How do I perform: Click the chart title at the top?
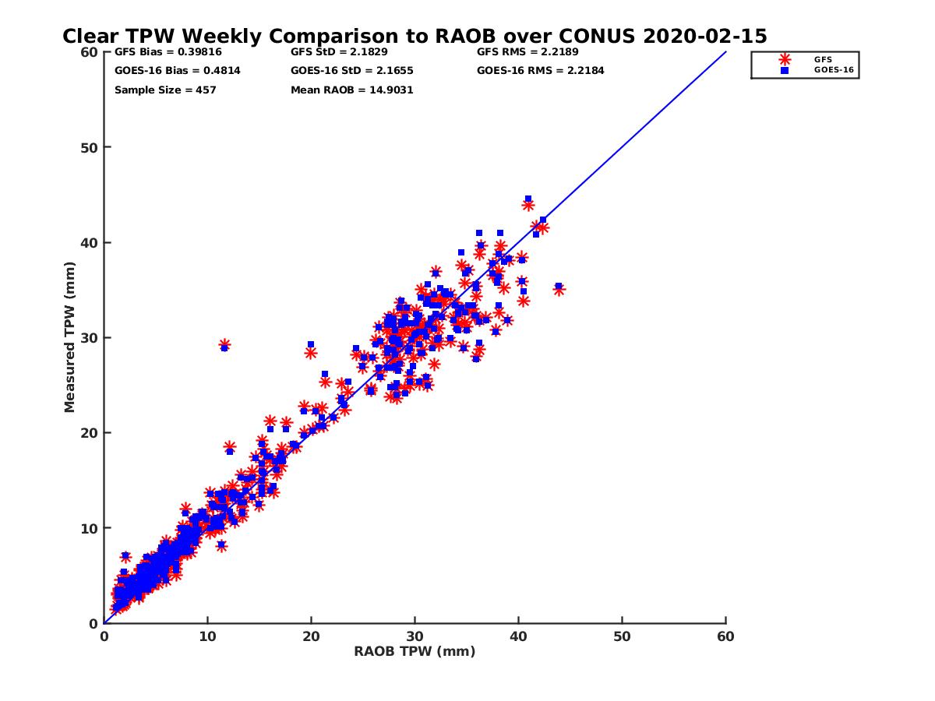pos(415,36)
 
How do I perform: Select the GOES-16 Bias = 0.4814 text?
pos(166,71)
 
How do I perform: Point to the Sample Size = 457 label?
pos(165,90)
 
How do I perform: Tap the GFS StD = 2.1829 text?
pos(336,52)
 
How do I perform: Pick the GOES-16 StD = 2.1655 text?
pos(351,71)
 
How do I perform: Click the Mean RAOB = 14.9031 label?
pos(351,90)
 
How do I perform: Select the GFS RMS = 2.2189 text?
pos(527,52)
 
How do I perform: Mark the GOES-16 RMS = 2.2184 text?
pos(540,71)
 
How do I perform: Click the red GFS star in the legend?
pos(785,59)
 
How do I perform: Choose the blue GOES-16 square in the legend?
pos(785,70)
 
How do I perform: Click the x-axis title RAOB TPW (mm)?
pos(415,652)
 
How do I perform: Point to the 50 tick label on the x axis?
pos(623,636)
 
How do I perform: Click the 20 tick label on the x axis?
pos(311,636)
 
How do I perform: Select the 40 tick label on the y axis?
pos(88,242)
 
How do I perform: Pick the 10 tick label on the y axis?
pos(88,528)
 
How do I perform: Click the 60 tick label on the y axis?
pos(88,52)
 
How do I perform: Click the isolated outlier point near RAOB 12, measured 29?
pos(224,345)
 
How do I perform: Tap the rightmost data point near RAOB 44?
pos(559,289)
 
